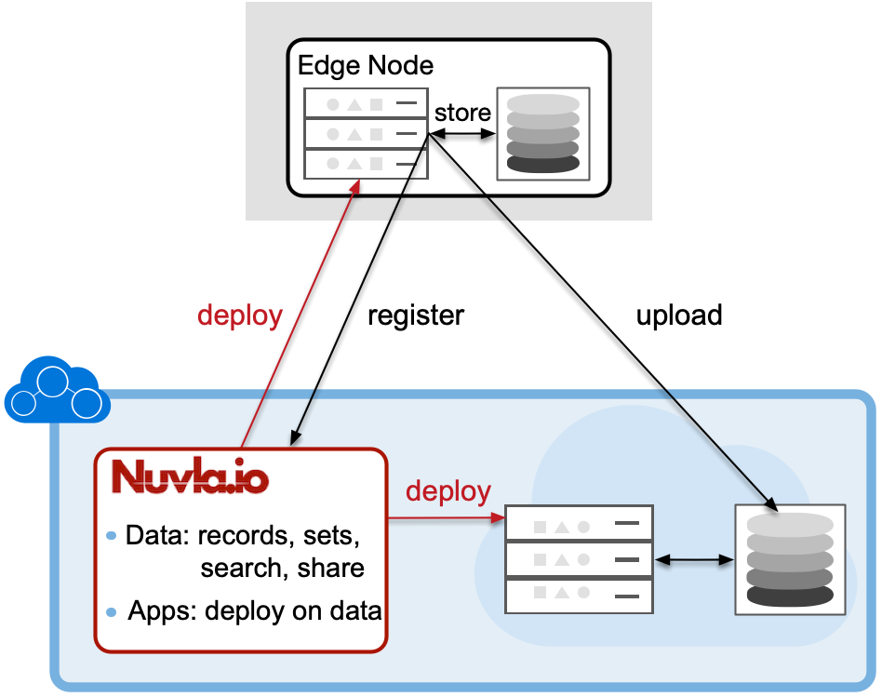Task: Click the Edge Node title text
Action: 365,65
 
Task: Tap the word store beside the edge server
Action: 462,113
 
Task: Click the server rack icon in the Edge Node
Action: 366,133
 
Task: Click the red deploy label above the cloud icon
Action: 239,315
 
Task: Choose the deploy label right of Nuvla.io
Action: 448,490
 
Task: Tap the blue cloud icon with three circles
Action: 56,391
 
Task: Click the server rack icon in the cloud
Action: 578,559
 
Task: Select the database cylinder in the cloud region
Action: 790,559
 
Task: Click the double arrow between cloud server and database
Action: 695,560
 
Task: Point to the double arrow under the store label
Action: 461,135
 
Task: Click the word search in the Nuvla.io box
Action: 244,568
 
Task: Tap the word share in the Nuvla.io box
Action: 330,568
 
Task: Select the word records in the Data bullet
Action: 241,536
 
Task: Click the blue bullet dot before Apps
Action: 112,612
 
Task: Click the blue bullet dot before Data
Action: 112,536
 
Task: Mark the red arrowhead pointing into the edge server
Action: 354,186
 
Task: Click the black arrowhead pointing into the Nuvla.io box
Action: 295,437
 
